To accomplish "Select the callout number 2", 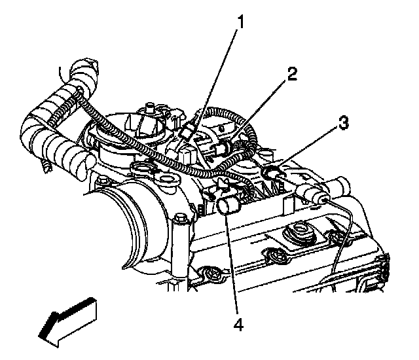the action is coord(291,73).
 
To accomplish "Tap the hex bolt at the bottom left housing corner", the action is coord(209,272).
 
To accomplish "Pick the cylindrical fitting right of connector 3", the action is coord(315,194).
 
